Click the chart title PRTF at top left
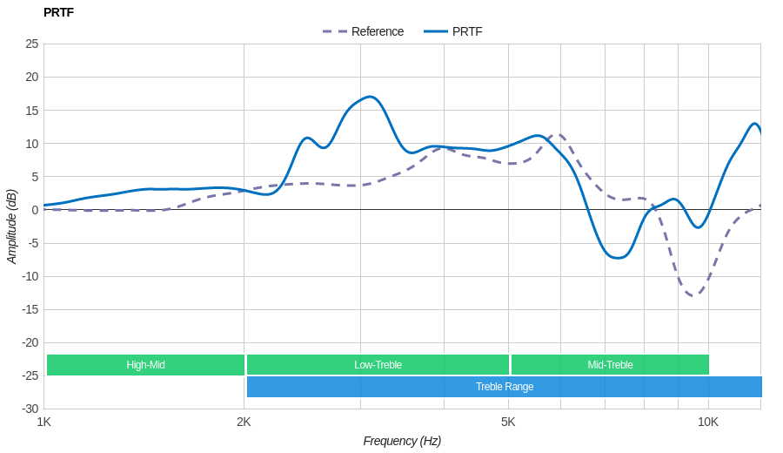click(x=58, y=12)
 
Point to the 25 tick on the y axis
click(x=32, y=44)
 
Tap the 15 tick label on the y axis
click(x=32, y=111)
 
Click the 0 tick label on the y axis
click(x=35, y=210)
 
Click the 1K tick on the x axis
click(x=43, y=422)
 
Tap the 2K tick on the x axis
click(x=244, y=422)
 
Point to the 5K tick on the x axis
click(x=508, y=422)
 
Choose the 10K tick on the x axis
click(x=708, y=422)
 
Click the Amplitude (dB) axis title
click(x=12, y=226)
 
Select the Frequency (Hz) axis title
click(x=402, y=441)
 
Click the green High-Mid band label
click(x=145, y=365)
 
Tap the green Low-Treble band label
click(x=378, y=365)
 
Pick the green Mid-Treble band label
click(x=610, y=365)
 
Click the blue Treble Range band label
click(x=505, y=387)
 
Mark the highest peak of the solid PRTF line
click(x=371, y=97)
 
